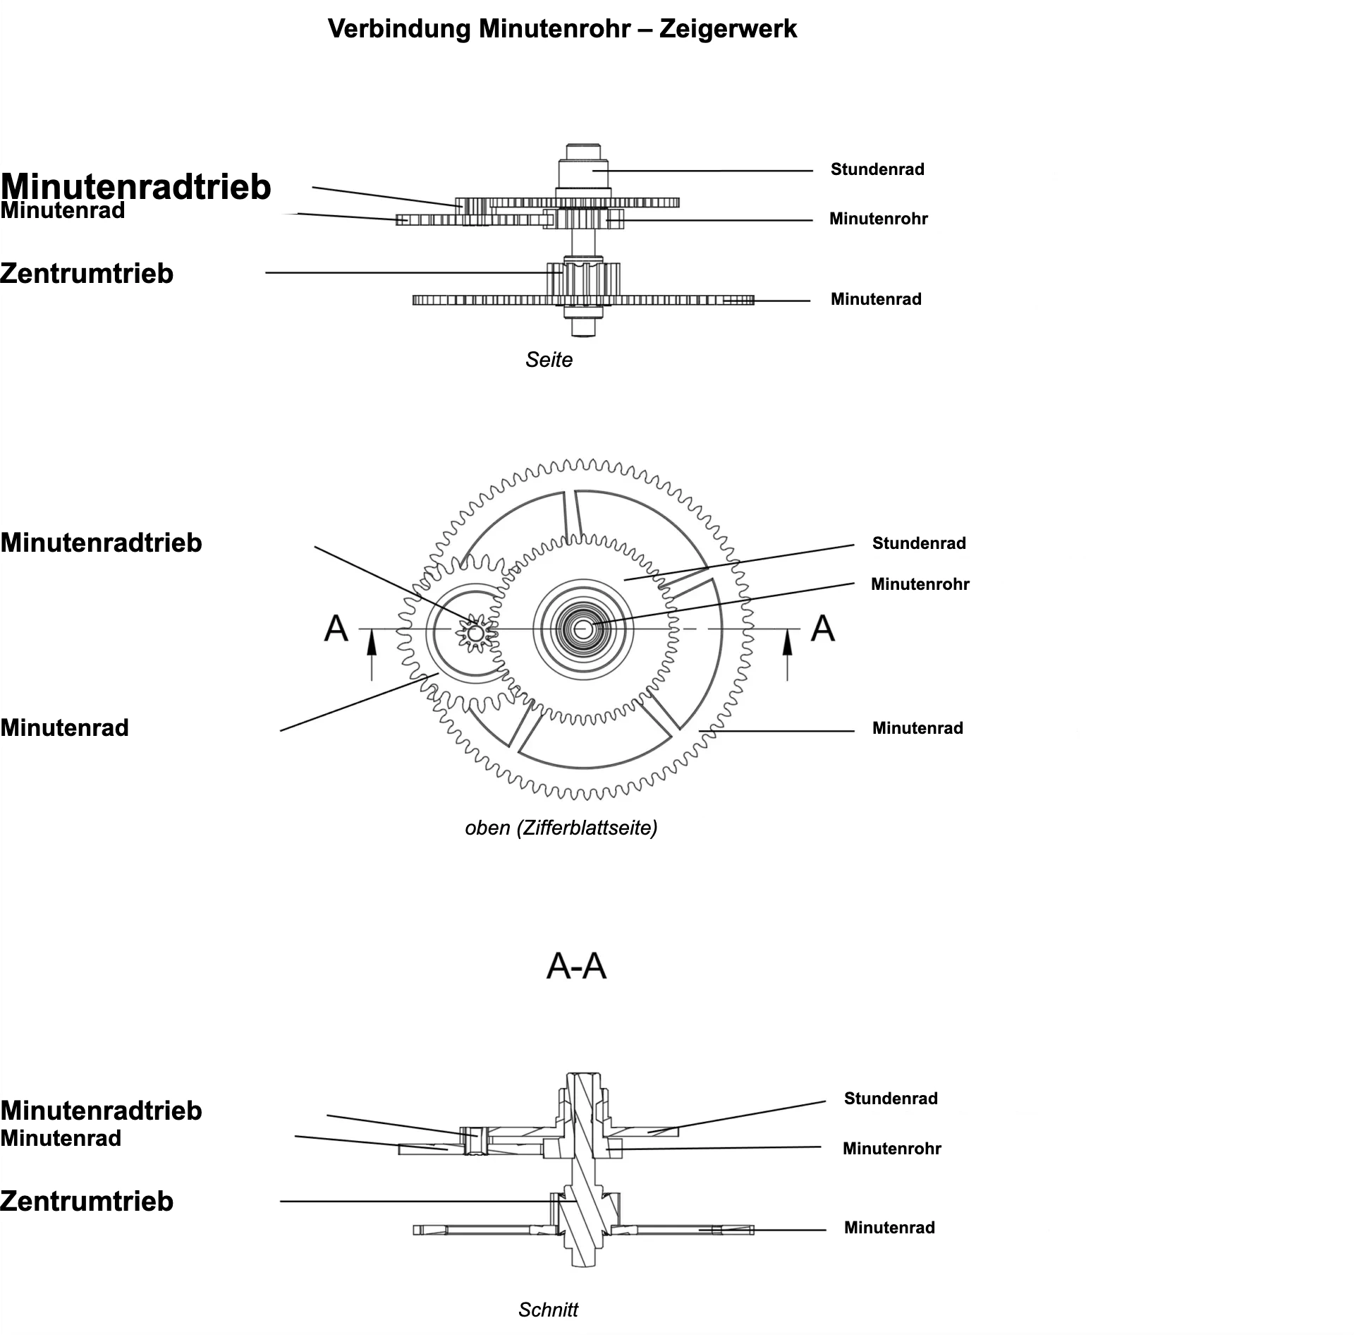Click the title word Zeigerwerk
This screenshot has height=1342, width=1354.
(728, 29)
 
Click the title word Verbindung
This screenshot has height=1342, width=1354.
(400, 29)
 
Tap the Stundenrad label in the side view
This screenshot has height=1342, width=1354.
(877, 169)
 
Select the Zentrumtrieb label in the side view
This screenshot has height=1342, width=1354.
(87, 274)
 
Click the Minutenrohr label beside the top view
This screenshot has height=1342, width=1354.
(920, 584)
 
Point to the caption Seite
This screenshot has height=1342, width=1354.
(549, 360)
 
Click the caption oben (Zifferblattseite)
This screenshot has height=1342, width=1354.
(561, 828)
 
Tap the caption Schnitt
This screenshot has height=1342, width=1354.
(548, 1310)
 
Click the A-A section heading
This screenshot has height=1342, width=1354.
(576, 966)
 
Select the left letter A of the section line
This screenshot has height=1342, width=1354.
(336, 628)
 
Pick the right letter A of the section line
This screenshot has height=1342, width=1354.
(822, 628)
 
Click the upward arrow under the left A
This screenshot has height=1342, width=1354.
(372, 656)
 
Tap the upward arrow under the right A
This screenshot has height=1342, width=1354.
(788, 656)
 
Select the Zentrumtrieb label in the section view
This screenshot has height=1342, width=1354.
(87, 1202)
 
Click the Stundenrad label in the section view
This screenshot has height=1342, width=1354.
(891, 1099)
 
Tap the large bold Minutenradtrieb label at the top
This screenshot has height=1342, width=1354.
(135, 187)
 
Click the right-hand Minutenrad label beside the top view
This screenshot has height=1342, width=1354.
(917, 728)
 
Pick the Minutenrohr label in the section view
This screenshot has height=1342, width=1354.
(891, 1149)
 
